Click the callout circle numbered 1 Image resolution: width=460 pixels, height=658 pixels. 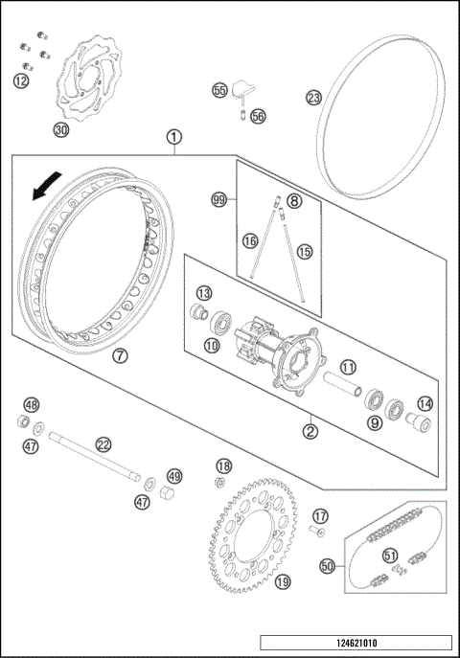click(173, 137)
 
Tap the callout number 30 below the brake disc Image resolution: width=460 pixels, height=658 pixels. click(60, 129)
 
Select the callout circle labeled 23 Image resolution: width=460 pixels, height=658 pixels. click(313, 98)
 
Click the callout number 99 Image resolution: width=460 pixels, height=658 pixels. click(219, 199)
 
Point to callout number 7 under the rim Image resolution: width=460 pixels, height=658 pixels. click(120, 355)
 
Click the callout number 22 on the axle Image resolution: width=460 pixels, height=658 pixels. click(103, 443)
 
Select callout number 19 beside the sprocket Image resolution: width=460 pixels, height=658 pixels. click(282, 580)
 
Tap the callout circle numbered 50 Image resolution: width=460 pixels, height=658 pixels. click(328, 567)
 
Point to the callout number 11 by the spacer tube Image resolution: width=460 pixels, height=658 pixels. click(348, 365)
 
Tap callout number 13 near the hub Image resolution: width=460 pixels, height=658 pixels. click(204, 292)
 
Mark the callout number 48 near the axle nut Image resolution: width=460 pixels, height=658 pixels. click(32, 405)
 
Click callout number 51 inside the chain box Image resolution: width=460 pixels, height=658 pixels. click(389, 555)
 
